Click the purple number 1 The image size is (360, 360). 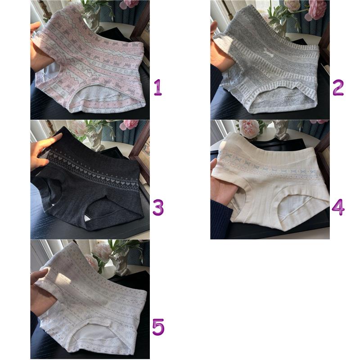158,87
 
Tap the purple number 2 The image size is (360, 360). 338,87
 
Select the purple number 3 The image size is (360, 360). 158,207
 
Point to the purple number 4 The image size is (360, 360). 338,207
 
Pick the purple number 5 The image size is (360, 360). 158,327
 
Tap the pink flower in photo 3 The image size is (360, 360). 130,124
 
